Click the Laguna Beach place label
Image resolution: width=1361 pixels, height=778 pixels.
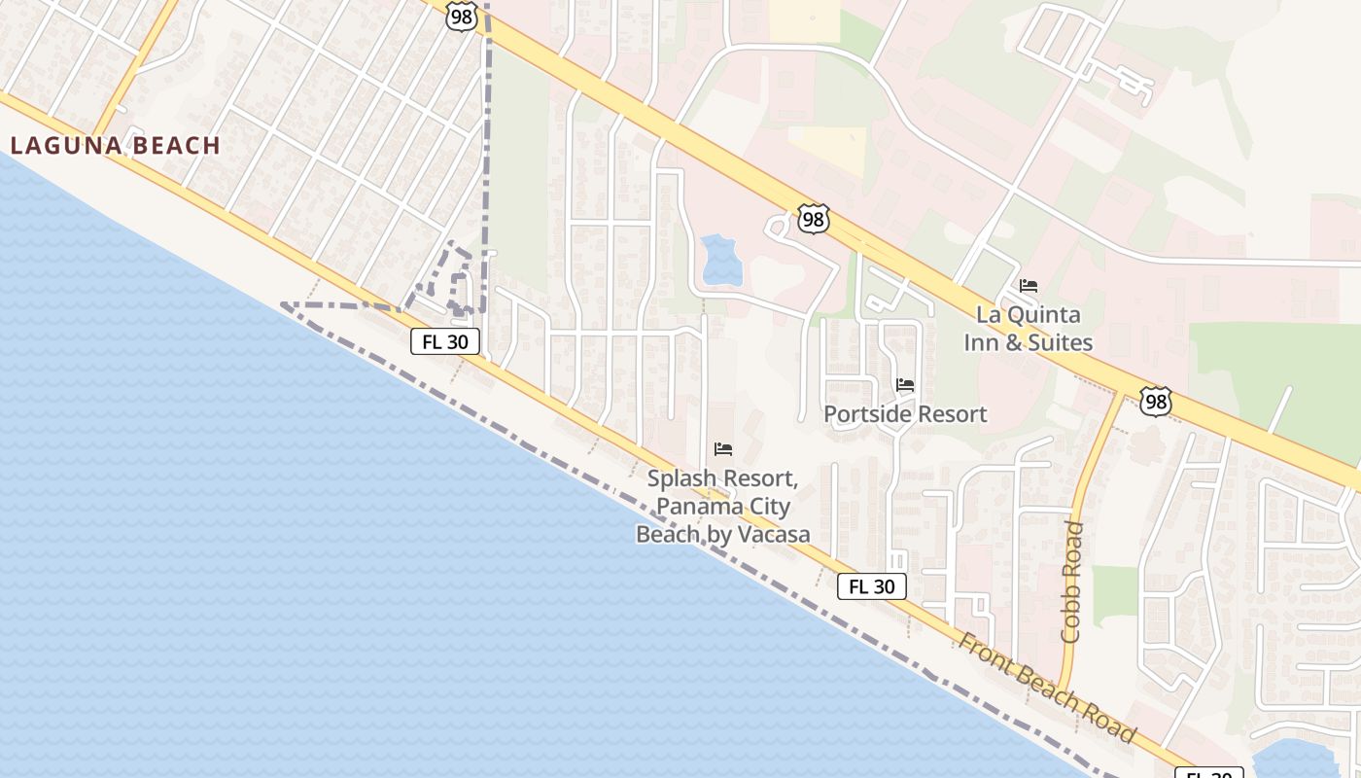pyautogui.click(x=116, y=146)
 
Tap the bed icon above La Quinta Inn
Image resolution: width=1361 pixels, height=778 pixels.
pyautogui.click(x=1029, y=286)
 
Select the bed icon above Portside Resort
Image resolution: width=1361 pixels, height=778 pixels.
pyautogui.click(x=905, y=385)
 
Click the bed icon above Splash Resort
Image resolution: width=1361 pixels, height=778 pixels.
pyautogui.click(x=723, y=449)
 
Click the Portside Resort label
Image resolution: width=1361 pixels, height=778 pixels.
pyautogui.click(x=905, y=414)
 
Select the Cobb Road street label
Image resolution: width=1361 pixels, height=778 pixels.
pyautogui.click(x=1072, y=582)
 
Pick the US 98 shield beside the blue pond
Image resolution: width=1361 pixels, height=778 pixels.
pyautogui.click(x=813, y=220)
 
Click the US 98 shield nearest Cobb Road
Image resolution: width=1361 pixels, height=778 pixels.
pyautogui.click(x=1156, y=402)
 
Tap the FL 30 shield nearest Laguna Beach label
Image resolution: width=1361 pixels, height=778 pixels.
pyautogui.click(x=445, y=341)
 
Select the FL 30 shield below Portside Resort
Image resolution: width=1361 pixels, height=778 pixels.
pyautogui.click(x=872, y=586)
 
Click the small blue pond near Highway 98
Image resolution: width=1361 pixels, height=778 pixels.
pyautogui.click(x=720, y=260)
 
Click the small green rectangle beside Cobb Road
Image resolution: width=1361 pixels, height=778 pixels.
pyautogui.click(x=1114, y=594)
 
